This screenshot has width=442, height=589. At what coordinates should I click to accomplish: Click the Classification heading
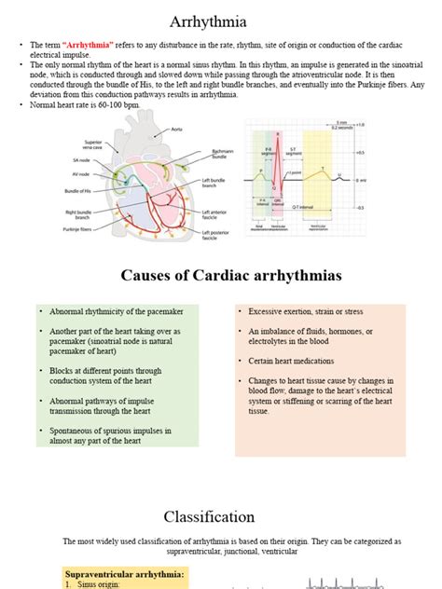pyautogui.click(x=209, y=515)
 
